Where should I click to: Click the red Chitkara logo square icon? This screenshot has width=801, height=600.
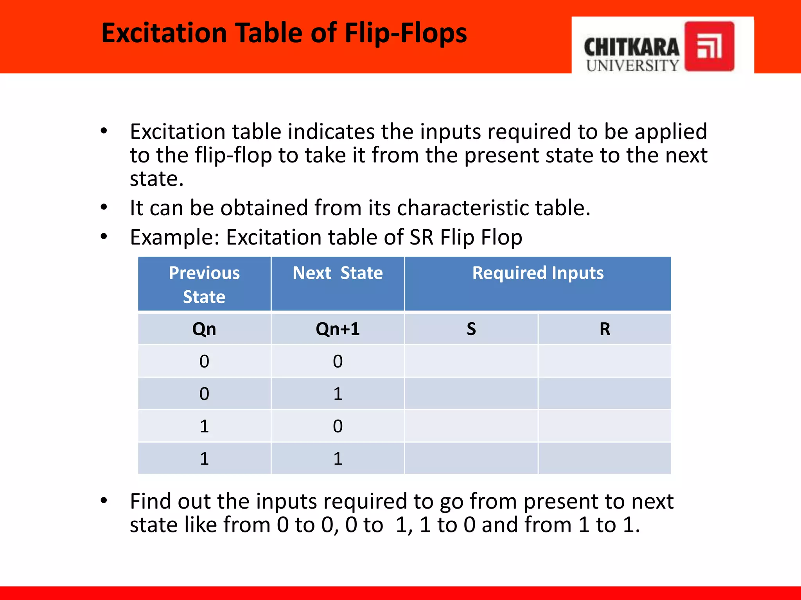[x=709, y=46]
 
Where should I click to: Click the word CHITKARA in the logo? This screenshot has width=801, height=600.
[x=631, y=47]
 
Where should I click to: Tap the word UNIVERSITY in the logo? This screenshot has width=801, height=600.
[x=632, y=65]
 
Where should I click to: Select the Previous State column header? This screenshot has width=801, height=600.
[x=204, y=284]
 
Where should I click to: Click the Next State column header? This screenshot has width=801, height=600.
[x=338, y=273]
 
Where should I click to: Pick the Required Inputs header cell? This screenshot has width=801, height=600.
[x=538, y=273]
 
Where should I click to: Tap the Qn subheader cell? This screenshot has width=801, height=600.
[x=204, y=329]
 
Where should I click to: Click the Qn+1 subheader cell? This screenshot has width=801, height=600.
[x=338, y=329]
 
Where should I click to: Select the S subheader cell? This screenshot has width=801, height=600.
[x=471, y=329]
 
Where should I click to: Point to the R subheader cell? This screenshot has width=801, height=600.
[x=605, y=329]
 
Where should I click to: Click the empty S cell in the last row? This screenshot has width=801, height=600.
[x=471, y=458]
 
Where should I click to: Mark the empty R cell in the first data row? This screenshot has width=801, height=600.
[x=605, y=361]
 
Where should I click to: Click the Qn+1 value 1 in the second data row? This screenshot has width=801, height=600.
[x=338, y=394]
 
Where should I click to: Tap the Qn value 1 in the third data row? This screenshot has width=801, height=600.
[x=204, y=426]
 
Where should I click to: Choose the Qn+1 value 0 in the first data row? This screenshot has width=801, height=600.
[x=338, y=361]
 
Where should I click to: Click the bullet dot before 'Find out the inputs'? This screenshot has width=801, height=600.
[x=104, y=500]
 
